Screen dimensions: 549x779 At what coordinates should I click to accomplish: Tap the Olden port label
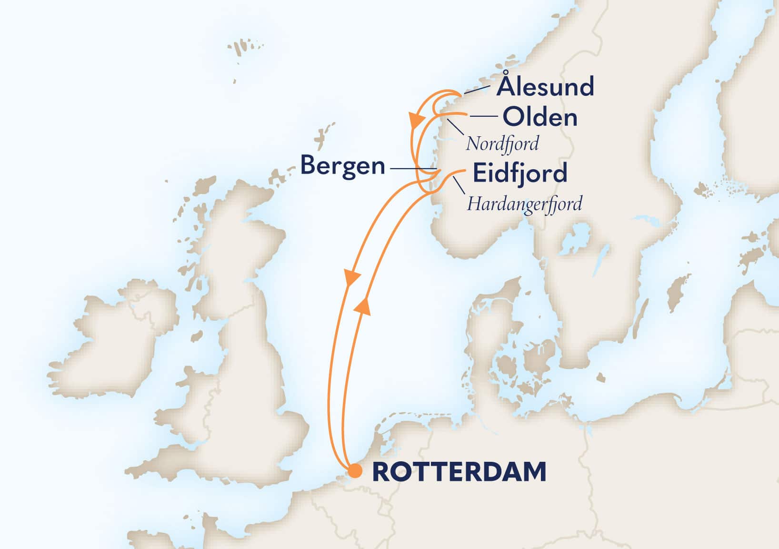pos(540,117)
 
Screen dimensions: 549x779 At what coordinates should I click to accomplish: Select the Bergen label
pos(342,166)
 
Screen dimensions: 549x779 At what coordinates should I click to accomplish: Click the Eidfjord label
pos(519,173)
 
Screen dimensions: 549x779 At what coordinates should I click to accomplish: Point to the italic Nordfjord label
pos(502,143)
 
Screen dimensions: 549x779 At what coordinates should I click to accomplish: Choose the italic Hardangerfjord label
pos(524,204)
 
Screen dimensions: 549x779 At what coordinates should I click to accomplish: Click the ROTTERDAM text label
pos(459,472)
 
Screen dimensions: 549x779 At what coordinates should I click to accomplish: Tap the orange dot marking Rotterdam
pos(354,471)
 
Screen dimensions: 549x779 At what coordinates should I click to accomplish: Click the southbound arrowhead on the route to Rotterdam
pos(351,278)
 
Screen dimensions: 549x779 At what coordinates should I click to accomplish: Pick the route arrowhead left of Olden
pos(415,119)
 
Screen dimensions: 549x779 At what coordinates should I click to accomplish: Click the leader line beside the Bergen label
pos(412,169)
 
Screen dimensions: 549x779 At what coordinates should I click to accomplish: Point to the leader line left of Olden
pos(484,116)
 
